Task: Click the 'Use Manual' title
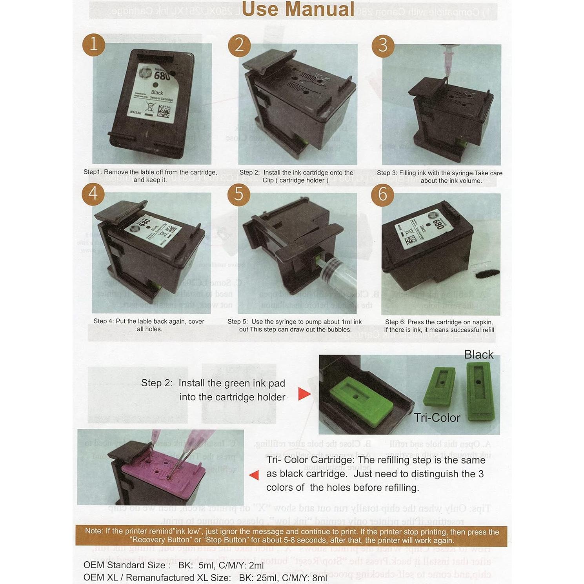coord(298,9)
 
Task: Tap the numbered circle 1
coord(93,44)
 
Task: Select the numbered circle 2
coord(239,45)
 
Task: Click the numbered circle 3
coord(383,45)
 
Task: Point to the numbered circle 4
coord(93,194)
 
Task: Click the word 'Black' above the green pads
coord(478,355)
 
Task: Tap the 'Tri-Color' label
coord(437,418)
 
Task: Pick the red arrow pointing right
coord(304,394)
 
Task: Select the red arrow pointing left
coord(254,475)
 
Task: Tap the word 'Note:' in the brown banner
coord(94,531)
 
